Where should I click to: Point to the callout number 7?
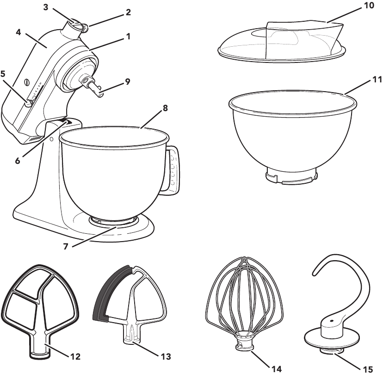66,247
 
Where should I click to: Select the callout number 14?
276,369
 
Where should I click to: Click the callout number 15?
367,369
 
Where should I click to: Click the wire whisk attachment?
243,296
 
